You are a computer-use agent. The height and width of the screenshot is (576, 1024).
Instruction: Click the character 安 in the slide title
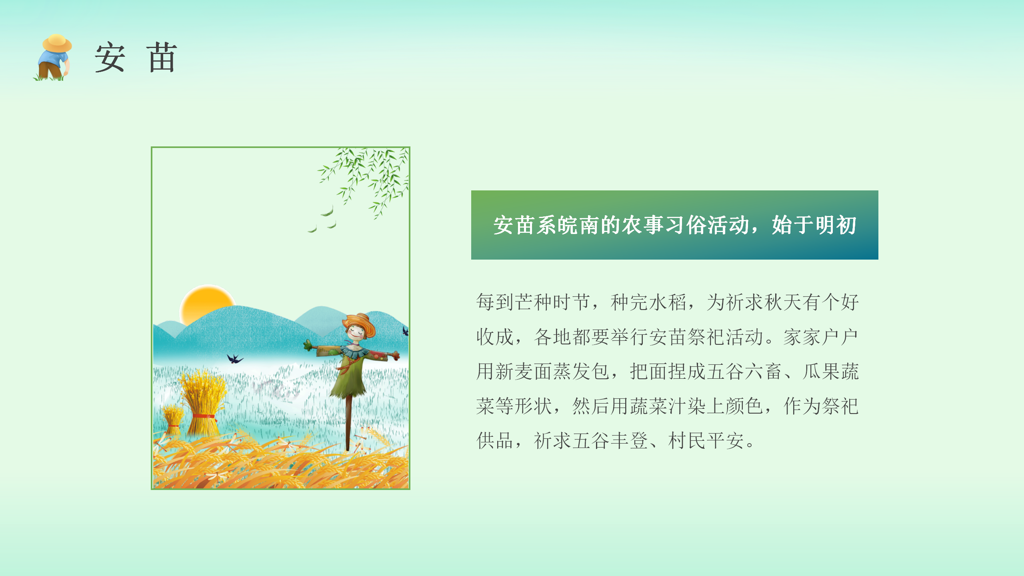click(110, 58)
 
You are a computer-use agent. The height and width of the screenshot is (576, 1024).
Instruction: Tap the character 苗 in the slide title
click(162, 58)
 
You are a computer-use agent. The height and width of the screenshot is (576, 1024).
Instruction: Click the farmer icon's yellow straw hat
click(57, 43)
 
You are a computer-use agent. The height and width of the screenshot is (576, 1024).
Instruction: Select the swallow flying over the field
click(235, 358)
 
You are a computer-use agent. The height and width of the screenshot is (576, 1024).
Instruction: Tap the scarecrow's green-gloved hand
click(308, 345)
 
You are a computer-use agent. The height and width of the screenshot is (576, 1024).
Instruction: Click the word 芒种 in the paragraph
click(534, 302)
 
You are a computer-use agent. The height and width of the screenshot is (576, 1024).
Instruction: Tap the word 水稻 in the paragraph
click(668, 302)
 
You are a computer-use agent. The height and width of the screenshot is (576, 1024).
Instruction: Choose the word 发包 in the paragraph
click(591, 372)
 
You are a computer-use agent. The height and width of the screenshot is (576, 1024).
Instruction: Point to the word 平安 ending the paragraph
click(725, 441)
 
